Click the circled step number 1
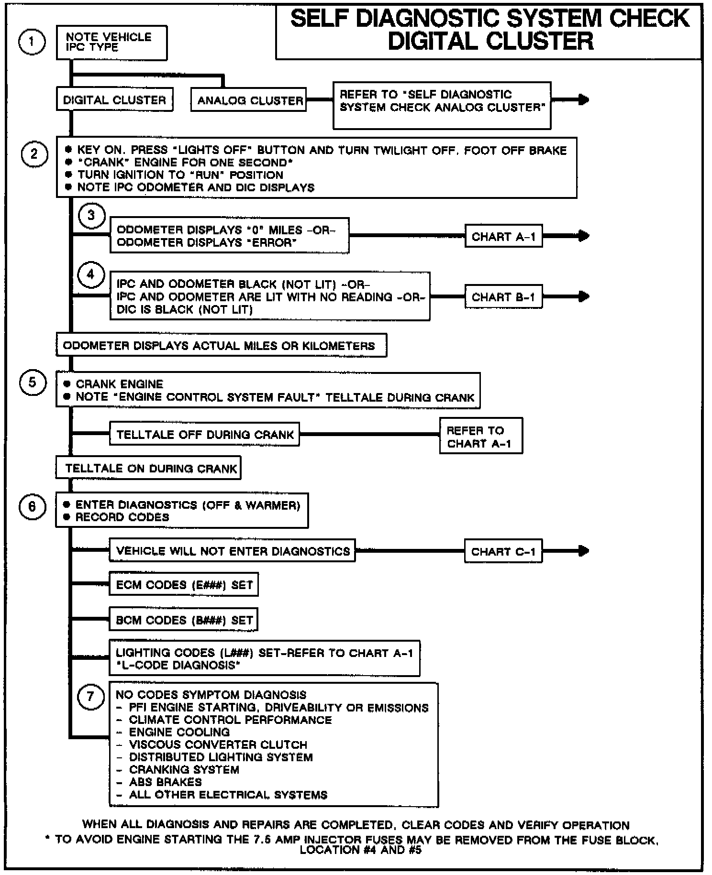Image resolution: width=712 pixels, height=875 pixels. pyautogui.click(x=32, y=42)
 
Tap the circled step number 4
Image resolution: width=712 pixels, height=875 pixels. pyautogui.click(x=91, y=275)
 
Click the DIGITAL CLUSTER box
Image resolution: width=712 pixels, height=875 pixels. pyautogui.click(x=114, y=100)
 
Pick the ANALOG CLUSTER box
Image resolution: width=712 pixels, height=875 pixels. pyautogui.click(x=249, y=100)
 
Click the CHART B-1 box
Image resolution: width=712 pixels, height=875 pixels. pyautogui.click(x=503, y=297)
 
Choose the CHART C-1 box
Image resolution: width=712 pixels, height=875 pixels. pyautogui.click(x=503, y=551)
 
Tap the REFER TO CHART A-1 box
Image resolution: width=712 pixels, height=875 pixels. pyautogui.click(x=480, y=436)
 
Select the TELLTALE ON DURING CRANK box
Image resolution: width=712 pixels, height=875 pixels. pyautogui.click(x=149, y=468)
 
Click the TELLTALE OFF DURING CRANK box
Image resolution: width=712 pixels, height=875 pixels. pyautogui.click(x=204, y=434)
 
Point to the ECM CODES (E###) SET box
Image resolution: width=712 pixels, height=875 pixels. pyautogui.click(x=184, y=584)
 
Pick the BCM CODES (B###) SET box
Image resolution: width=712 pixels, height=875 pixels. pyautogui.click(x=184, y=620)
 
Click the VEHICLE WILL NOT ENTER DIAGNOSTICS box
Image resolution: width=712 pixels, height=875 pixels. pyautogui.click(x=233, y=551)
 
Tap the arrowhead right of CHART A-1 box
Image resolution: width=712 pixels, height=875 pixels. pyautogui.click(x=583, y=236)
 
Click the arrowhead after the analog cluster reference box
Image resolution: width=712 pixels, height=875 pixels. pyautogui.click(x=583, y=99)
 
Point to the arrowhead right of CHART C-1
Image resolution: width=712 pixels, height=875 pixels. pyautogui.click(x=583, y=551)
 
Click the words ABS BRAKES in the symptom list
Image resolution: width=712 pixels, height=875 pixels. pyautogui.click(x=165, y=782)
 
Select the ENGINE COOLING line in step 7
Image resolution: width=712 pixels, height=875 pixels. pyautogui.click(x=179, y=732)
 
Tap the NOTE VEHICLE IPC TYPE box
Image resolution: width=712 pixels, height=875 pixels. pyautogui.click(x=111, y=43)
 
